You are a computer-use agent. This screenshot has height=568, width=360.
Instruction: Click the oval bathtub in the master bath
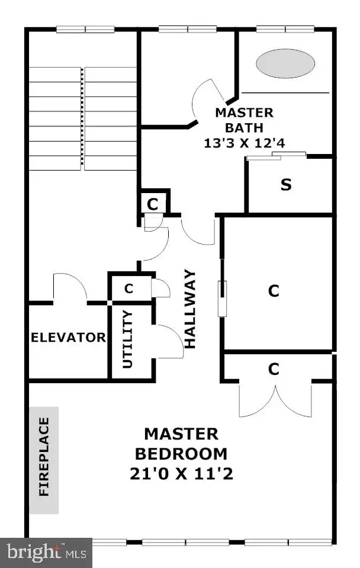click(x=285, y=63)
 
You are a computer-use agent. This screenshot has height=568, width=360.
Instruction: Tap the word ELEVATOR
click(x=68, y=337)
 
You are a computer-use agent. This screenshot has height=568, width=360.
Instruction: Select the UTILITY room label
click(x=128, y=339)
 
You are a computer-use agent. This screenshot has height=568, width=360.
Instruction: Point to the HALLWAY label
click(x=190, y=309)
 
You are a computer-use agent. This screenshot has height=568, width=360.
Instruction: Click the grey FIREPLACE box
click(x=44, y=460)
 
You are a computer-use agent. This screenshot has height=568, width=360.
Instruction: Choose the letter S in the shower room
click(x=286, y=185)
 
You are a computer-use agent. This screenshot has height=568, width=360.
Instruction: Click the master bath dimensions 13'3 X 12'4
click(x=245, y=143)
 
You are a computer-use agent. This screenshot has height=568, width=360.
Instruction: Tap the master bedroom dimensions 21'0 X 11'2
click(x=181, y=474)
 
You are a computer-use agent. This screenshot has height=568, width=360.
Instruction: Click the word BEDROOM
click(x=181, y=454)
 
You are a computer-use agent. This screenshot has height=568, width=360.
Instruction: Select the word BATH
click(x=244, y=128)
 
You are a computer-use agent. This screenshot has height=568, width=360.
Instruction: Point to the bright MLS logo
click(x=46, y=553)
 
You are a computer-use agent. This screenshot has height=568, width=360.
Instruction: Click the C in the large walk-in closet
click(x=274, y=291)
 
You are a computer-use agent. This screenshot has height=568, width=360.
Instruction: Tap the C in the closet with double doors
click(x=274, y=369)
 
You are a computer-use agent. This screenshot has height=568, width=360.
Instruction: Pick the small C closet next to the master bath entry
click(x=153, y=204)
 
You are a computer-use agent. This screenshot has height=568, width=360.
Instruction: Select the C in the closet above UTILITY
click(x=128, y=288)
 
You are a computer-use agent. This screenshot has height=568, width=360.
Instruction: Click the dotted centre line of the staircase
click(x=82, y=118)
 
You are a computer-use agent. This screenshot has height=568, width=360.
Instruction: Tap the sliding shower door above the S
click(x=277, y=156)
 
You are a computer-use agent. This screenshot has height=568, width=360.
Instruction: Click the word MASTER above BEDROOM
click(x=181, y=434)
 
